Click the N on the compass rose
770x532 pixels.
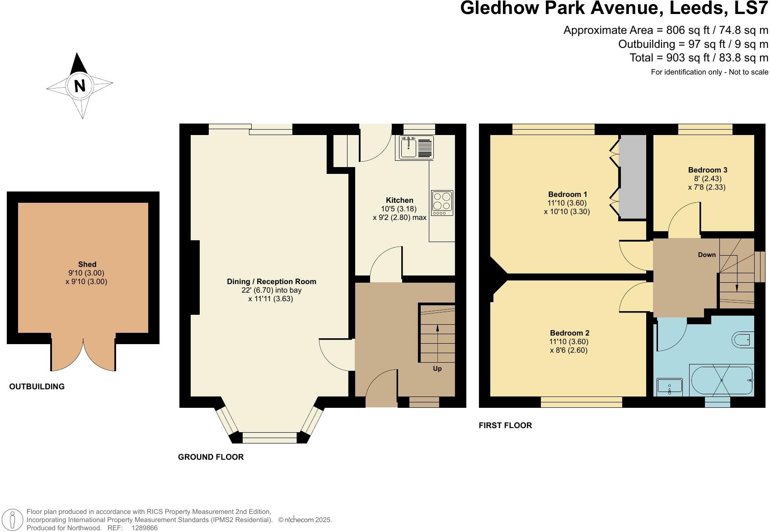(x=80, y=85)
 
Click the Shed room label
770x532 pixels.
(x=87, y=265)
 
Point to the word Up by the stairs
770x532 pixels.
(x=437, y=369)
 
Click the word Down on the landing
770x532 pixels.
(x=707, y=255)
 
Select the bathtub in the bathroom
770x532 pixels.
(x=721, y=381)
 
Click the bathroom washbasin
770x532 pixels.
(x=669, y=387)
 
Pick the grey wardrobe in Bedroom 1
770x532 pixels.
(x=633, y=177)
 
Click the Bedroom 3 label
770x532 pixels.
(x=707, y=170)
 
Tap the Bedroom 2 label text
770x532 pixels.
(x=569, y=333)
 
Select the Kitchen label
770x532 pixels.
(x=399, y=201)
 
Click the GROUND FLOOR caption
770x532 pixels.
(x=211, y=457)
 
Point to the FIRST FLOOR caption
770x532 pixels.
(x=505, y=425)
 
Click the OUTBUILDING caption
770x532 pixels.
(x=37, y=387)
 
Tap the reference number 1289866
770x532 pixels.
(x=144, y=528)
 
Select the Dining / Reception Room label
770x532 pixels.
(x=271, y=282)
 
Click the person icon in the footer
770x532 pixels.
(x=14, y=520)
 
